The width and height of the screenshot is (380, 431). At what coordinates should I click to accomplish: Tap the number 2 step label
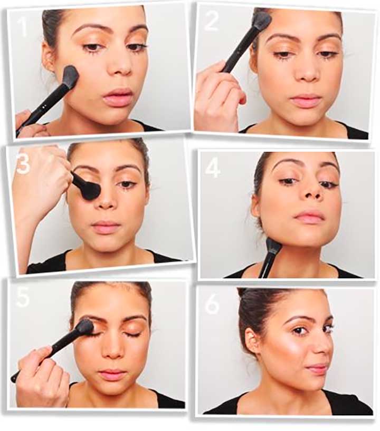tap(211, 21)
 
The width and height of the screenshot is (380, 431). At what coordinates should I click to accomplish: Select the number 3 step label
tap(23, 164)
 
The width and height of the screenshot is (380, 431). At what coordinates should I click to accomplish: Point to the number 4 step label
tap(213, 167)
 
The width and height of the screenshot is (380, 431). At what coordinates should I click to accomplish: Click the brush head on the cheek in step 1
tap(70, 76)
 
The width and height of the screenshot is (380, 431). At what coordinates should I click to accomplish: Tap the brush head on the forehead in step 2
tap(262, 21)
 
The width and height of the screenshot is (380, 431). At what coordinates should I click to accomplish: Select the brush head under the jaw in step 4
tap(273, 245)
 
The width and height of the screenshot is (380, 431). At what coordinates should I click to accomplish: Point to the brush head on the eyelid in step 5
tap(84, 327)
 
